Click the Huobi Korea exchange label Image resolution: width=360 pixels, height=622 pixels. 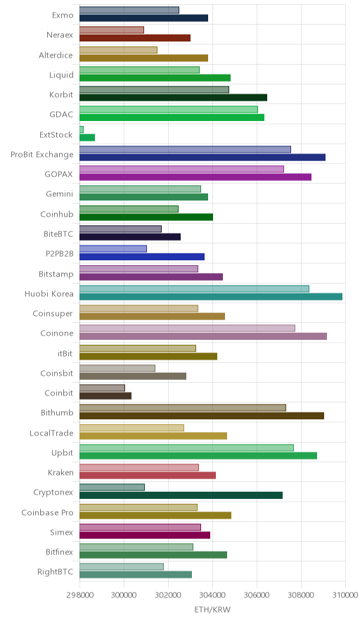click(x=49, y=293)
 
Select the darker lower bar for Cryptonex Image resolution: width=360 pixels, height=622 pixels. click(x=181, y=495)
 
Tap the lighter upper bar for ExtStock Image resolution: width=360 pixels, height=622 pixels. click(x=82, y=129)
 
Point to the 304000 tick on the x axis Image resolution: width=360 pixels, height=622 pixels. click(x=212, y=595)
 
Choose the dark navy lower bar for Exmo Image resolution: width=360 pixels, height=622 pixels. click(x=143, y=18)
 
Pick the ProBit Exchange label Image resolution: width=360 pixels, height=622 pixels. click(x=42, y=155)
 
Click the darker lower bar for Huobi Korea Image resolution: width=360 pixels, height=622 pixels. click(x=211, y=296)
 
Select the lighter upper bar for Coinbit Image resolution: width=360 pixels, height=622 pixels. click(x=102, y=388)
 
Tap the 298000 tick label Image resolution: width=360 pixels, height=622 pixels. click(x=79, y=595)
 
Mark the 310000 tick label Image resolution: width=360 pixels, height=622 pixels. click(x=345, y=595)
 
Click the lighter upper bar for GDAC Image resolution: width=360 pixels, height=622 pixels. click(x=169, y=110)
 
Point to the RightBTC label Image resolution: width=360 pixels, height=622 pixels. click(x=55, y=571)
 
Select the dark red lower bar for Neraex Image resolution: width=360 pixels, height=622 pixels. click(x=135, y=38)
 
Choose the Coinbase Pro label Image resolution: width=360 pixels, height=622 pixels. click(x=48, y=512)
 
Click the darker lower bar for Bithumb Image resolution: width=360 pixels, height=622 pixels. click(x=202, y=416)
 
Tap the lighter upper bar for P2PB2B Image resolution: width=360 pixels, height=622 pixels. click(x=113, y=248)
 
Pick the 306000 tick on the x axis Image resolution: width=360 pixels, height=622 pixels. click(x=257, y=595)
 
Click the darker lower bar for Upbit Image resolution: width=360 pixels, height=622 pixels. click(x=198, y=455)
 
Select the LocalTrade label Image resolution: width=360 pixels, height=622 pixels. click(x=51, y=433)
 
